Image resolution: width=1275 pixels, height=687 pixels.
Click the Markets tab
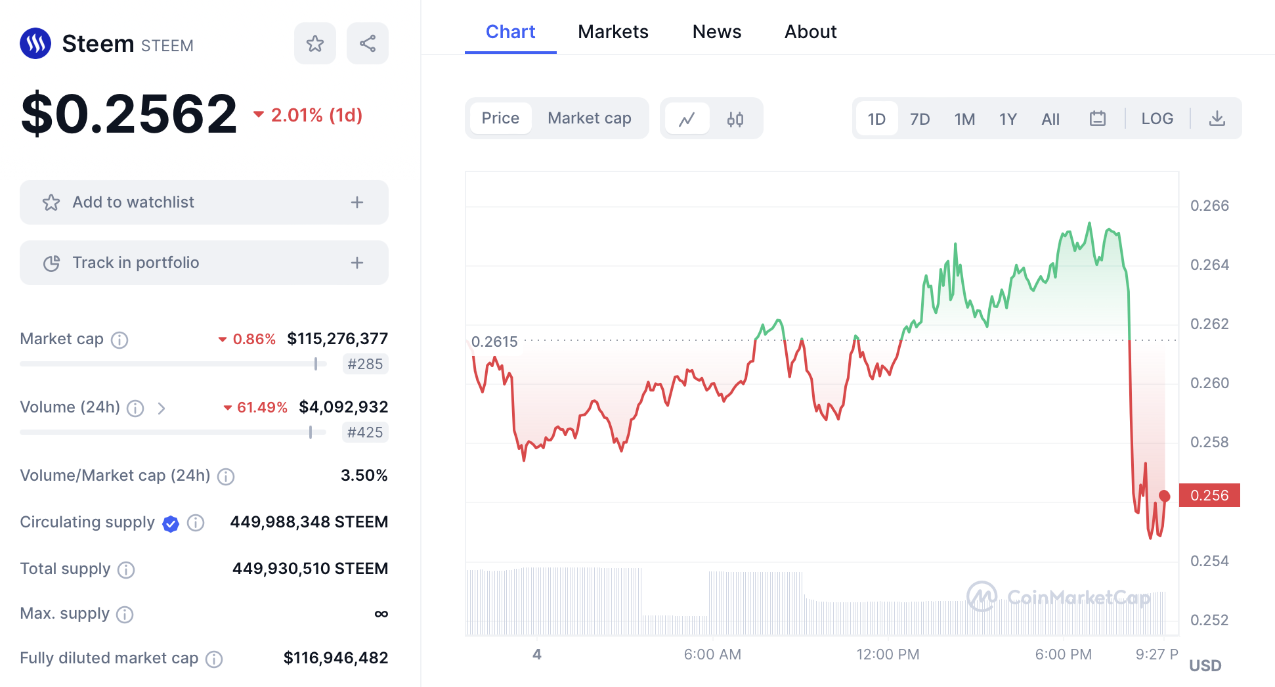click(x=613, y=32)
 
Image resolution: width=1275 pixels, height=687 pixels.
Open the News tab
click(x=716, y=32)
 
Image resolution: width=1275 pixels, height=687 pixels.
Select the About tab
click(x=810, y=32)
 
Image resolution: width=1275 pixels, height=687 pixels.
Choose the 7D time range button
click(x=919, y=119)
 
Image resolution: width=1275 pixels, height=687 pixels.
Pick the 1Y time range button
click(x=1007, y=119)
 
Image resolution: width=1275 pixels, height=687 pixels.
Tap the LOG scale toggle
click(x=1156, y=119)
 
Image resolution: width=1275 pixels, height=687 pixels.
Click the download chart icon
click(x=1217, y=119)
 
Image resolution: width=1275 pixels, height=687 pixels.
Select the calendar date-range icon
click(x=1097, y=119)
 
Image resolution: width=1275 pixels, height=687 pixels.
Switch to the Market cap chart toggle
click(x=589, y=118)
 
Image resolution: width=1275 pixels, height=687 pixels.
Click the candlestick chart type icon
click(x=735, y=119)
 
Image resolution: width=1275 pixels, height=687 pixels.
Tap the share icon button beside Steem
click(x=367, y=43)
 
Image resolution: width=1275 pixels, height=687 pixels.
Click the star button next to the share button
click(x=314, y=43)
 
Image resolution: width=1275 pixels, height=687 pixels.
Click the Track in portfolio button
click(x=204, y=263)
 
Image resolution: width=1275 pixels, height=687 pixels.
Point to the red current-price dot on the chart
click(x=1164, y=496)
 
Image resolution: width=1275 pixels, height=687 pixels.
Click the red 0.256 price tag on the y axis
click(x=1209, y=495)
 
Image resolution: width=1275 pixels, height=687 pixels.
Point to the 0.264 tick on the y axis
click(x=1209, y=265)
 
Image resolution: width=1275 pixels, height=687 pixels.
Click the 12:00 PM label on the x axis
click(x=887, y=654)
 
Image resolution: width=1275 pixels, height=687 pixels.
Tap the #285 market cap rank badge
click(x=365, y=364)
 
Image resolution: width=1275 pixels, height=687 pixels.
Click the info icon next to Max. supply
click(x=125, y=614)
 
